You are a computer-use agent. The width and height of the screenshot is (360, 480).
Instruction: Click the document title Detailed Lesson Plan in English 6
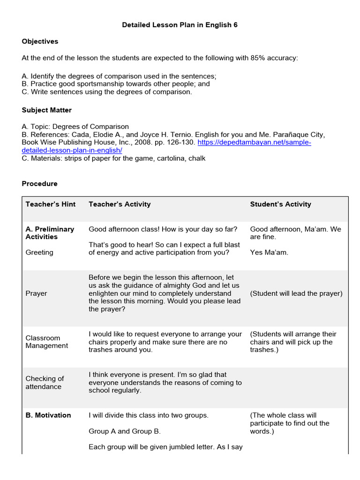point(180,25)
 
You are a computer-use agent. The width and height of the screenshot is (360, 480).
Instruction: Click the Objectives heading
point(40,41)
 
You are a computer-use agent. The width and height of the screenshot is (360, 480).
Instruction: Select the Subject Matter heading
point(47,110)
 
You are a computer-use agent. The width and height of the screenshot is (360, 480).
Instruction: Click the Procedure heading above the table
point(39,184)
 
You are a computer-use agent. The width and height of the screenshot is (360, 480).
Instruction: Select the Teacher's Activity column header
point(120,204)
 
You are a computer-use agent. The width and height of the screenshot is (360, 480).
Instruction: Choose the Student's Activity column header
point(280,204)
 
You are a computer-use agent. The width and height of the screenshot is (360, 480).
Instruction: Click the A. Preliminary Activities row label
point(50,233)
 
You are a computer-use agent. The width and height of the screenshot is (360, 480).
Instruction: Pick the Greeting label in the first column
point(39,252)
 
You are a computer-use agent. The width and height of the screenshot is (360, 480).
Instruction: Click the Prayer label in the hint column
point(36,293)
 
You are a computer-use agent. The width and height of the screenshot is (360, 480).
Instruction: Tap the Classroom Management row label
point(46,342)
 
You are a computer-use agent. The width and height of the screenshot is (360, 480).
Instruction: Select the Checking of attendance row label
point(45,382)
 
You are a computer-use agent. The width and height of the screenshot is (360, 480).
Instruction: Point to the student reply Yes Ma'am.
point(269,252)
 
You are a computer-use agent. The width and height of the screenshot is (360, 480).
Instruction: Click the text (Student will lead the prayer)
point(296,293)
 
